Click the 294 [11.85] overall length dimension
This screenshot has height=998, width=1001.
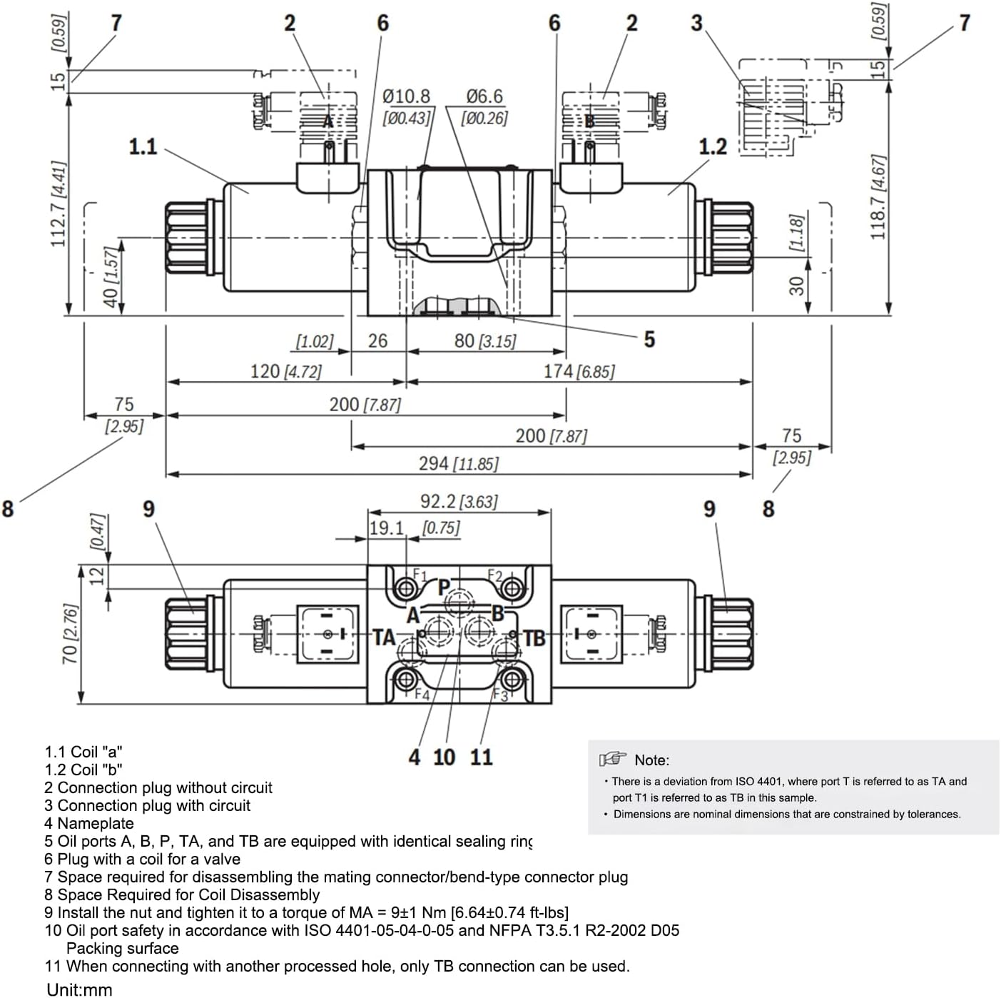(x=458, y=464)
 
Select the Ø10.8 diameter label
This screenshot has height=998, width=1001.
(x=406, y=96)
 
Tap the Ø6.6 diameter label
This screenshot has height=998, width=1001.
(x=484, y=96)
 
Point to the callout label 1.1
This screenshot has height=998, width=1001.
(x=143, y=147)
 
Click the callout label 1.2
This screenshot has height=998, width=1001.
(x=712, y=147)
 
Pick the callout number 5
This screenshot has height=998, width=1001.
(x=649, y=339)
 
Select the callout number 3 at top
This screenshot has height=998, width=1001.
(x=696, y=24)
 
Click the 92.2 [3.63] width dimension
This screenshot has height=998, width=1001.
(x=458, y=502)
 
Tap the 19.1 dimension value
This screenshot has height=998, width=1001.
(x=387, y=528)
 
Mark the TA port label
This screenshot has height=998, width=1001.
(x=384, y=637)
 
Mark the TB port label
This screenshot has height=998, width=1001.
(x=534, y=637)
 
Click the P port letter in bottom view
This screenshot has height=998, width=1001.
(x=444, y=588)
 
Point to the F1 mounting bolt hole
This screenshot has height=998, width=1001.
(x=406, y=589)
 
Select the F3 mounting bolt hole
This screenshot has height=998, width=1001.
(x=511, y=678)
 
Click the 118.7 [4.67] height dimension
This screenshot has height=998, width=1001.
(x=878, y=196)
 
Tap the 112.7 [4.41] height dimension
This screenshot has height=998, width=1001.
(x=59, y=203)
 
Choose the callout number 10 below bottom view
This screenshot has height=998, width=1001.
(x=444, y=757)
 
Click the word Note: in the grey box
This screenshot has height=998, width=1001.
(x=651, y=760)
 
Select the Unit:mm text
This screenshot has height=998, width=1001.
(x=79, y=989)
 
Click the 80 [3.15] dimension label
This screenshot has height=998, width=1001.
(x=484, y=341)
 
